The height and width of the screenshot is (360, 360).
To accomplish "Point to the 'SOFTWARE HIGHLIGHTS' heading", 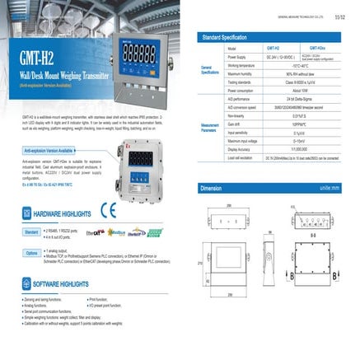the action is [62, 283].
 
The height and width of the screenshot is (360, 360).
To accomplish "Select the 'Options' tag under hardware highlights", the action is [31, 253].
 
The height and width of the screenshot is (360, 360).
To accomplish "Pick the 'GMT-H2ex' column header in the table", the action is [319, 49].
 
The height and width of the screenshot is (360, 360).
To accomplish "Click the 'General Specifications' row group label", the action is [211, 70].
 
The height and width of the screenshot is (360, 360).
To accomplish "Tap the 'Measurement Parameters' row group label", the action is [211, 128].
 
